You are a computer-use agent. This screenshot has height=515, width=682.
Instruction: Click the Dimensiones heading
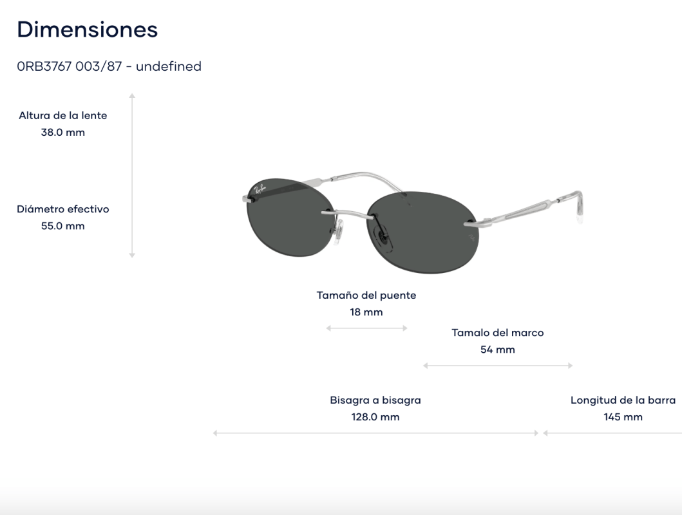[88, 30]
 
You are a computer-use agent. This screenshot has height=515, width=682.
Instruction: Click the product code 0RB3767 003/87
[70, 66]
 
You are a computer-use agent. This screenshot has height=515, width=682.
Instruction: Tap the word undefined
[169, 66]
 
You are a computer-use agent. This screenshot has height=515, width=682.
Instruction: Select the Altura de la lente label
[63, 116]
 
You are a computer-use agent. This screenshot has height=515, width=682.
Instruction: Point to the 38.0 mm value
[63, 133]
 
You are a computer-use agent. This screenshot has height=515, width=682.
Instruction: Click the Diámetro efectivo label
[63, 209]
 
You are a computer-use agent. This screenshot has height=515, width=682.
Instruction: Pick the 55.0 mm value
[63, 226]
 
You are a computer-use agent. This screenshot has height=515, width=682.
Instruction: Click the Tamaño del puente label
[366, 295]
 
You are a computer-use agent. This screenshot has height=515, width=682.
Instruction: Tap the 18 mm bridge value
[366, 312]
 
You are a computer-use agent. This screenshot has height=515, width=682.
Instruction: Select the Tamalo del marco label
[498, 333]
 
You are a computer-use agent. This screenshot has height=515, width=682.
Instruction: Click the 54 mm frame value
[498, 350]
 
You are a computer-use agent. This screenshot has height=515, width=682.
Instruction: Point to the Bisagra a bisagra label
[375, 400]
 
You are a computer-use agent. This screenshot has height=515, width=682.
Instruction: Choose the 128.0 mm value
[375, 417]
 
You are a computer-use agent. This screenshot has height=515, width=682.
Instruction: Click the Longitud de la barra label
[623, 400]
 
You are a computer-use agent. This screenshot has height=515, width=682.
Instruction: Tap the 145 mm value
[623, 417]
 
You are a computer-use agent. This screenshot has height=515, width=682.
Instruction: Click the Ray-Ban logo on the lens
[260, 189]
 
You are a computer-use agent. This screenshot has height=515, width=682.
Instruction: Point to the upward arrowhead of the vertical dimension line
[132, 95]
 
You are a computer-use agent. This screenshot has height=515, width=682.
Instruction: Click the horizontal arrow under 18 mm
[366, 328]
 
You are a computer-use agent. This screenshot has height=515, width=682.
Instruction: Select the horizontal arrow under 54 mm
[498, 366]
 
